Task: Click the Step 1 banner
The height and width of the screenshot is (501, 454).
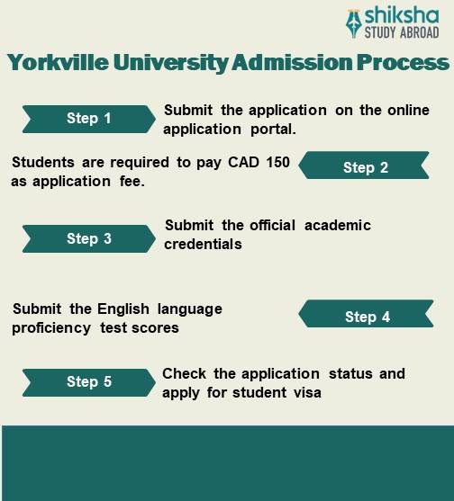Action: click(88, 119)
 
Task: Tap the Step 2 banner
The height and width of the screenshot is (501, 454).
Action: click(365, 167)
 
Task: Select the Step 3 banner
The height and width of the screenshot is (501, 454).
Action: click(88, 238)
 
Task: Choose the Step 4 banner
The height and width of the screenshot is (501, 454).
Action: click(367, 317)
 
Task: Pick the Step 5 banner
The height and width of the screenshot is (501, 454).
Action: click(88, 381)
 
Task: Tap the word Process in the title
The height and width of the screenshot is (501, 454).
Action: click(401, 63)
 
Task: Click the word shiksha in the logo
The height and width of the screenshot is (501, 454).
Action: click(401, 16)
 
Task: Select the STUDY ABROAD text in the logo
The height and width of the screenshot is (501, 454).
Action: click(401, 33)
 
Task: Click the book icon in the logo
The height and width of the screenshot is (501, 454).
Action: click(354, 23)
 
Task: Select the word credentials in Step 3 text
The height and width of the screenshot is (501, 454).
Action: click(203, 244)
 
